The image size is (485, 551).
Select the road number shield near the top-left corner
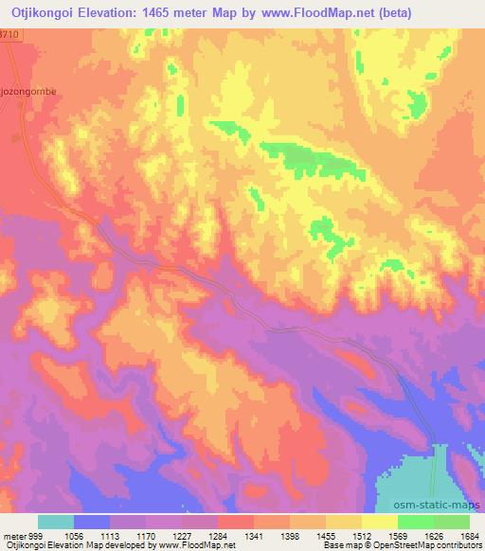coord(9,34)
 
